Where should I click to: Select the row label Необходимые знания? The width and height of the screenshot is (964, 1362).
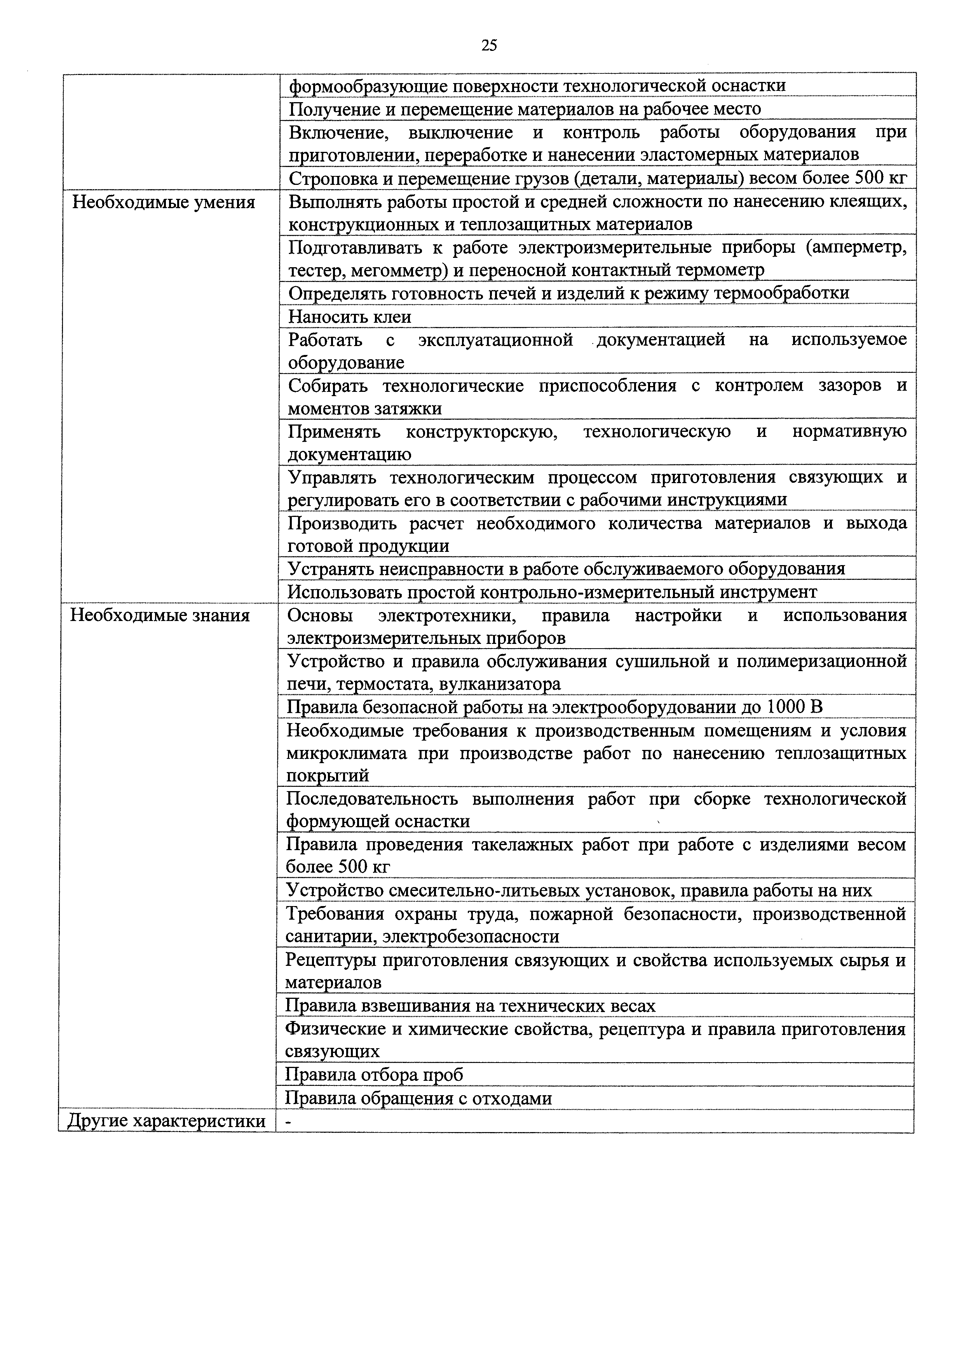pyautogui.click(x=160, y=615)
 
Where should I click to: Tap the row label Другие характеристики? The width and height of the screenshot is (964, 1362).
pyautogui.click(x=166, y=1121)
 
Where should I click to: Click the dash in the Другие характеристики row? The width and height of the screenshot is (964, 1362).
pyautogui.click(x=288, y=1122)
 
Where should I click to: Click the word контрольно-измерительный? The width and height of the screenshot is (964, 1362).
pyautogui.click(x=599, y=592)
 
